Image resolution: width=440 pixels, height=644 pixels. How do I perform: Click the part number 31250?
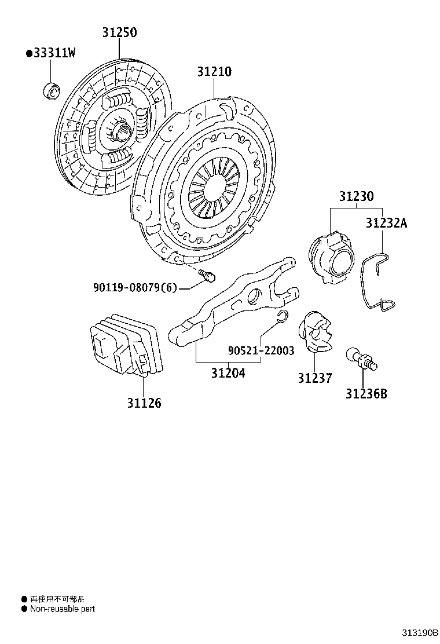coord(120,33)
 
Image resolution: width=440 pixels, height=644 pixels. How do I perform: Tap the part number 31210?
coord(214,72)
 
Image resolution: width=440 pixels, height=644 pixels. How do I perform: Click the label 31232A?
coord(386,223)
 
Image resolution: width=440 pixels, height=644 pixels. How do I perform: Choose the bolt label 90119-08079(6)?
coord(134,287)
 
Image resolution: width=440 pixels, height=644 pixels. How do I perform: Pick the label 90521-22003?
coord(261,351)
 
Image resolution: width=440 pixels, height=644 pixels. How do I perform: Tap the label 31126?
coord(144,402)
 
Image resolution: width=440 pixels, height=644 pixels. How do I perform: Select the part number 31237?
coord(315,379)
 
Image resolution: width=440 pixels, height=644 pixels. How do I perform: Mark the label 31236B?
coord(366,394)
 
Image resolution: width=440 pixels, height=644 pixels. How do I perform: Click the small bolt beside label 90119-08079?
coord(206,276)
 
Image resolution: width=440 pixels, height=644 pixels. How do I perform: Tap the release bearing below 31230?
coord(330,256)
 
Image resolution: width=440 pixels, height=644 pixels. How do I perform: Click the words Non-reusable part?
coord(63,609)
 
